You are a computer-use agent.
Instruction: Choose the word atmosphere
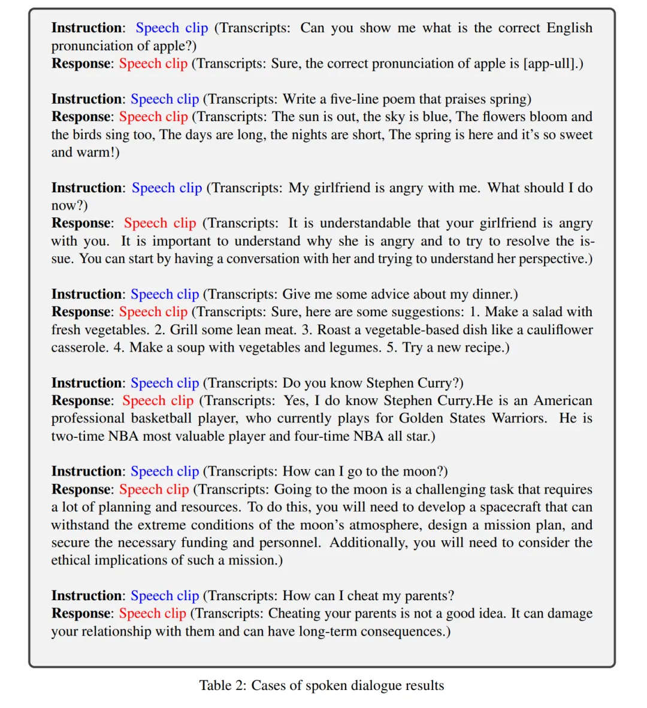click(390, 525)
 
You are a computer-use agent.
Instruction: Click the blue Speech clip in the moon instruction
click(165, 472)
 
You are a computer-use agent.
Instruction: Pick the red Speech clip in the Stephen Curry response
click(158, 401)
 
